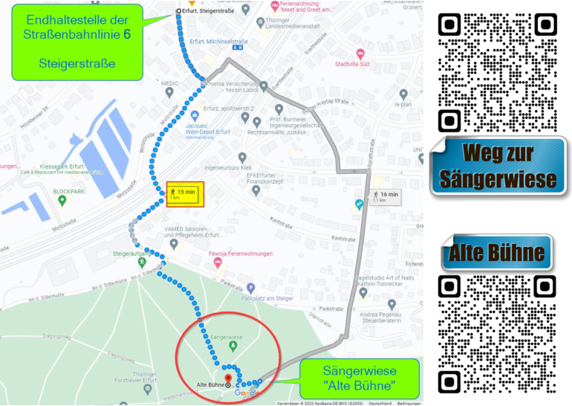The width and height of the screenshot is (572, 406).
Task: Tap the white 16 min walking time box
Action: pyautogui.click(x=384, y=196)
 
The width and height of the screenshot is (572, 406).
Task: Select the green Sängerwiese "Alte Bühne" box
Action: pyautogui.click(x=360, y=378)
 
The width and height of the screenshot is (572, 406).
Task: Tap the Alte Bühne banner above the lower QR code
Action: pyautogui.click(x=496, y=253)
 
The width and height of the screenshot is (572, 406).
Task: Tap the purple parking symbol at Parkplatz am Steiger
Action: pyautogui.click(x=250, y=288)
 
